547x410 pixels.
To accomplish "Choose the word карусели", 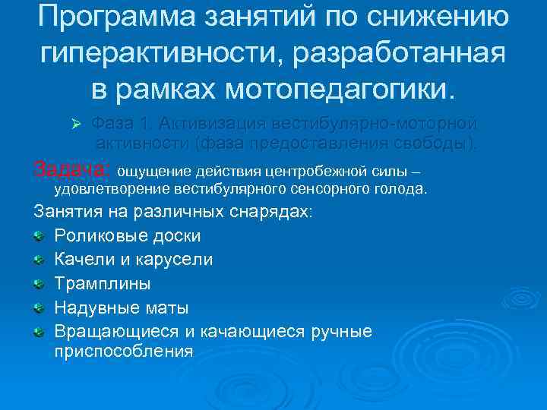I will [182, 260].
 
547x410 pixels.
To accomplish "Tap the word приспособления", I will [124, 352].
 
